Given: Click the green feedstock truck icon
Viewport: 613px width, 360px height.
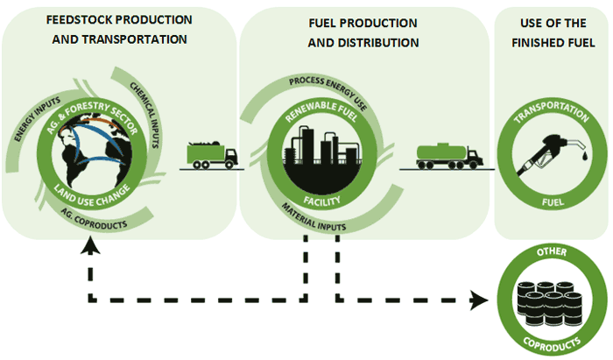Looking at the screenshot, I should (211, 154).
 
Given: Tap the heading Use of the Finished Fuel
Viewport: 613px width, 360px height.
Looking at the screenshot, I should (552, 32).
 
